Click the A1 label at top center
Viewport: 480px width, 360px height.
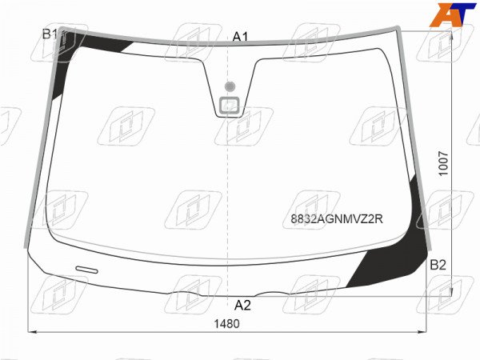click(240, 37)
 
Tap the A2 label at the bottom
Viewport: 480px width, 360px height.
click(242, 306)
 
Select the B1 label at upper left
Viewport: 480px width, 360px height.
click(50, 34)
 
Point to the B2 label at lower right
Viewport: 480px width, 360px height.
click(438, 265)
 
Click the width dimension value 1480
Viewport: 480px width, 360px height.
click(227, 323)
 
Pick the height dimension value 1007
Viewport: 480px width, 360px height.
click(443, 163)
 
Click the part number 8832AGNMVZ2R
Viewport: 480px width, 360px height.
click(337, 219)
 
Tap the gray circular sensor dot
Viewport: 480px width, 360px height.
click(230, 86)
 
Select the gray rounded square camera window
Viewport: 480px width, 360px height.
click(230, 106)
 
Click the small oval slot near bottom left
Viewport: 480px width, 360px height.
click(87, 270)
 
